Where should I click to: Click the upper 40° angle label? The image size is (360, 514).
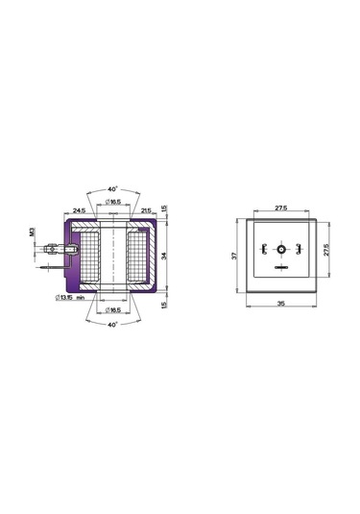click(112, 187)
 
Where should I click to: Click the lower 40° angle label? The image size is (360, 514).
click(112, 326)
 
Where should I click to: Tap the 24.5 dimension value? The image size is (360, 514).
click(78, 209)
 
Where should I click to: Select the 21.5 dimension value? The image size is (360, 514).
click(147, 209)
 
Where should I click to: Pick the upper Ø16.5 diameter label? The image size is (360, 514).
click(112, 201)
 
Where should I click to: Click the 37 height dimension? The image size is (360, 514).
click(233, 257)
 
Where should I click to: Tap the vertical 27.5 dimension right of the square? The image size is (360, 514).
click(326, 248)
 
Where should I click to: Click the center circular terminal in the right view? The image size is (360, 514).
click(281, 250)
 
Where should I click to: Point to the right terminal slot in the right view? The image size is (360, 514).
click(298, 250)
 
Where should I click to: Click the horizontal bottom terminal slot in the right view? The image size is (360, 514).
click(281, 266)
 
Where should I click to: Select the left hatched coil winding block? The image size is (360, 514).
click(89, 257)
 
